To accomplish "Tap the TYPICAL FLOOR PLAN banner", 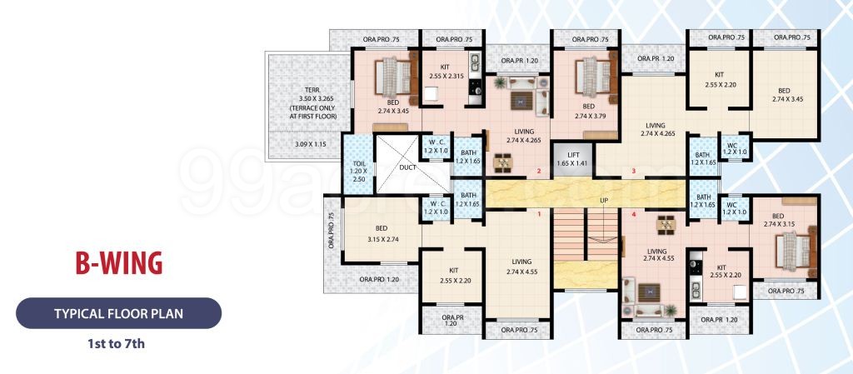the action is [x=118, y=313].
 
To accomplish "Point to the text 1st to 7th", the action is [x=117, y=343].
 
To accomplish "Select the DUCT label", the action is [x=407, y=167].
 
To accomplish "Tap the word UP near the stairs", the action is [x=604, y=201].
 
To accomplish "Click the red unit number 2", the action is [x=539, y=172].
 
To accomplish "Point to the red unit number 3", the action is [x=633, y=172].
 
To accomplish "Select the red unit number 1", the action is [x=539, y=214].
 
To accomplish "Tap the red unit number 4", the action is [x=633, y=214].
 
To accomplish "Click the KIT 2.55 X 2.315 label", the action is [x=446, y=72].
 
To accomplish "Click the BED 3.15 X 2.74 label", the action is [x=383, y=234].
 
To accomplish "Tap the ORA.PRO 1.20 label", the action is [x=379, y=279].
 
